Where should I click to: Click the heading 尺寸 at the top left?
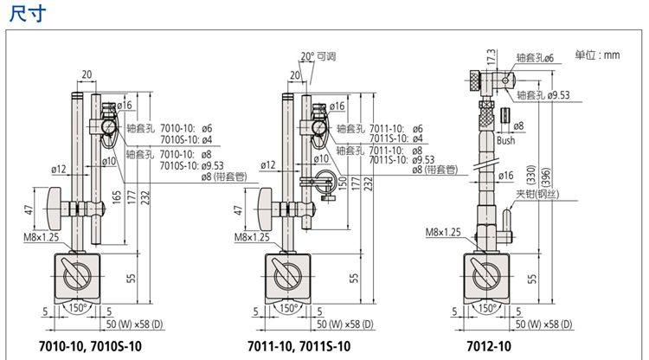point(28,14)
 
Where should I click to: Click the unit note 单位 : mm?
point(597,55)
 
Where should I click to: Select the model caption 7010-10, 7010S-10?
point(90,346)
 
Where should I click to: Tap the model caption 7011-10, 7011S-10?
point(299,346)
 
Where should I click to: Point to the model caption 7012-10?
point(489,346)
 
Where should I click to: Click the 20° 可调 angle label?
point(318,56)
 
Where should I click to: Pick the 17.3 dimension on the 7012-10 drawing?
point(492,57)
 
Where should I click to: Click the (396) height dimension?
point(546,177)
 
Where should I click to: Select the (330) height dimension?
point(532,175)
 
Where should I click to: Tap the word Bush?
point(506,141)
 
